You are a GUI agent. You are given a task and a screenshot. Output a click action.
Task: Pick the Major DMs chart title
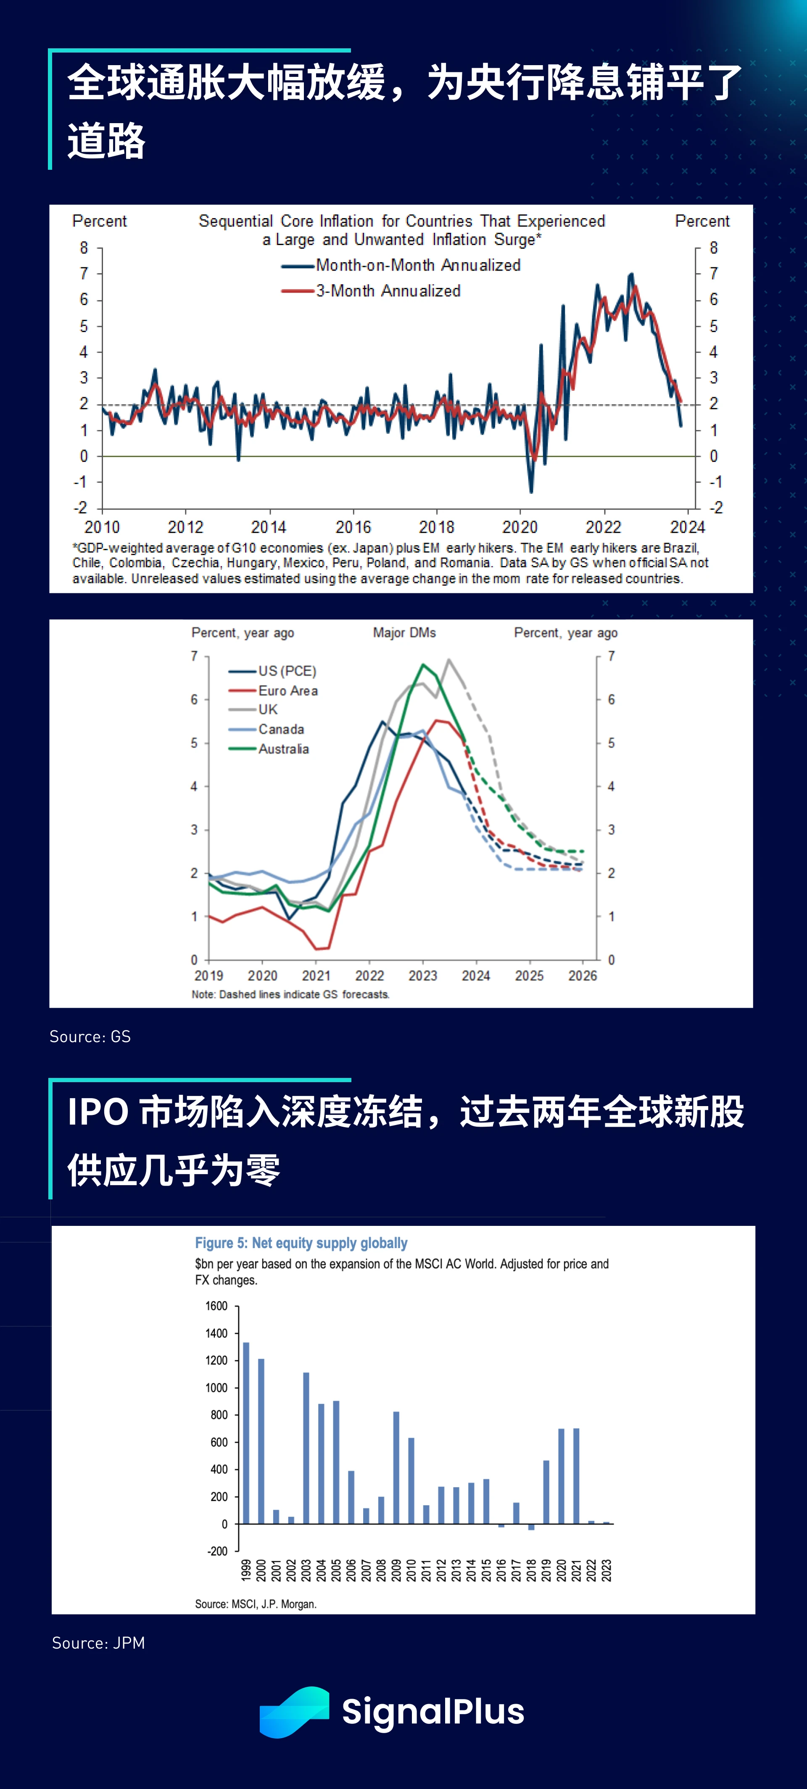(x=404, y=632)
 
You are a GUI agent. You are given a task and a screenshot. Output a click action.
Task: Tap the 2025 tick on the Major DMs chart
(x=529, y=976)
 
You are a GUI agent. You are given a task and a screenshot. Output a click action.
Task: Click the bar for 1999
(x=246, y=1433)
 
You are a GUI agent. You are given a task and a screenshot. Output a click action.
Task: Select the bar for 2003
(x=306, y=1448)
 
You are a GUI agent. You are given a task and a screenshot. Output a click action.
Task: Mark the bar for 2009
(x=396, y=1468)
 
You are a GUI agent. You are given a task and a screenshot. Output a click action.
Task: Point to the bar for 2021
(x=576, y=1476)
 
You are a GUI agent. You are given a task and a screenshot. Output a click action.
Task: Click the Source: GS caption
(x=90, y=1036)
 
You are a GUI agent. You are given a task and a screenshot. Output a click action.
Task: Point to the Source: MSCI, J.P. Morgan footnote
(x=256, y=1604)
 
